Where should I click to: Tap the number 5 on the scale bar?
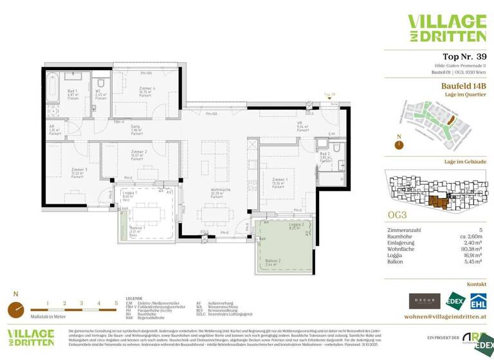click(116, 302)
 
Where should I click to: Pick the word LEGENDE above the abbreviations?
click(134, 299)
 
